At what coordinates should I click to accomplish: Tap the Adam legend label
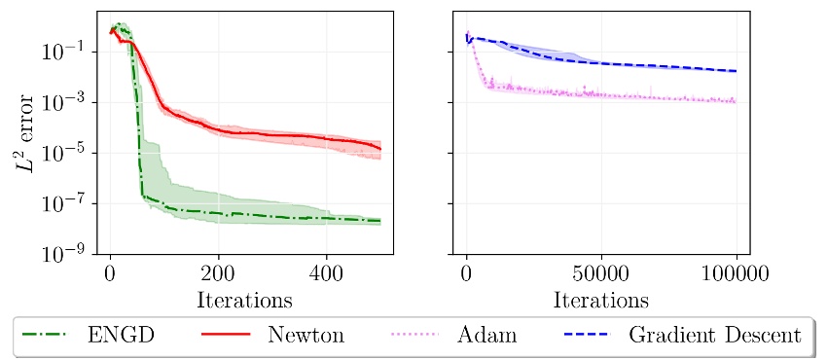486,336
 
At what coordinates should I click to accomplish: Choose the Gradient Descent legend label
715,336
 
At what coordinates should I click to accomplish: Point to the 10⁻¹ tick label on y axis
67,52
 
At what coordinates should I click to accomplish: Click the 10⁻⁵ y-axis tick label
67,153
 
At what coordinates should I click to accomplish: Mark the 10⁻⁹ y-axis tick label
67,255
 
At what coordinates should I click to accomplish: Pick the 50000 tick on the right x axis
600,272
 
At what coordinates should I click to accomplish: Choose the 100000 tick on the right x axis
736,272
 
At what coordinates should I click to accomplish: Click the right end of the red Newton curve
379,149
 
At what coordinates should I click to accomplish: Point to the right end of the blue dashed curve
736,71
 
